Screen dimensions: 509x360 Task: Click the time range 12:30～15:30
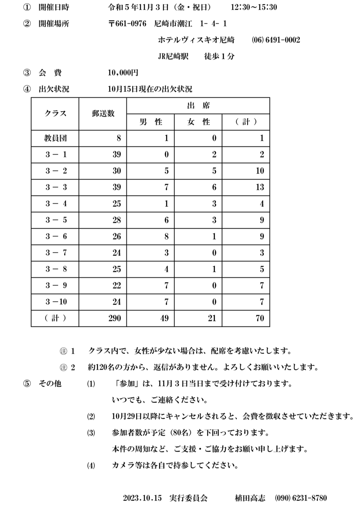[x=254, y=7]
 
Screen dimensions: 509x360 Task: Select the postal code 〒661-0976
[x=127, y=24]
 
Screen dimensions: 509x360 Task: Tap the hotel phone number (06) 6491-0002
[x=276, y=40]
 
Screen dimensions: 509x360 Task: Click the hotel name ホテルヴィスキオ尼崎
[x=196, y=40]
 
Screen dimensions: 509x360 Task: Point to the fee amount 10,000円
[x=123, y=73]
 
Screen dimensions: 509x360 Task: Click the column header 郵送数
[x=103, y=114]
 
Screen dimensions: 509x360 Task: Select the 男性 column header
[x=151, y=122]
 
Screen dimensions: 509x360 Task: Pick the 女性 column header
[x=198, y=122]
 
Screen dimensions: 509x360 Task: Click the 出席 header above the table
[x=198, y=105]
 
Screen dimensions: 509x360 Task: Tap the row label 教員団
[x=55, y=138]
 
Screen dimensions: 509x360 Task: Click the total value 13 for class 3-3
[x=260, y=187]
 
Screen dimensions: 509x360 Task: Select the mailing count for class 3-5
[x=117, y=220]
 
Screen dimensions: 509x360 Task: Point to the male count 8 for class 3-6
[x=166, y=236]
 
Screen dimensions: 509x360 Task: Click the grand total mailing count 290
[x=114, y=318]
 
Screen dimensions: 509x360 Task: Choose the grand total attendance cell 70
[x=260, y=318]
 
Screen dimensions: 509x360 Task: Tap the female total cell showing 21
[x=212, y=318]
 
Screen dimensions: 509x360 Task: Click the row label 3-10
[x=56, y=302]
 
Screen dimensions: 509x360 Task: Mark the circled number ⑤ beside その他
[x=27, y=384]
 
